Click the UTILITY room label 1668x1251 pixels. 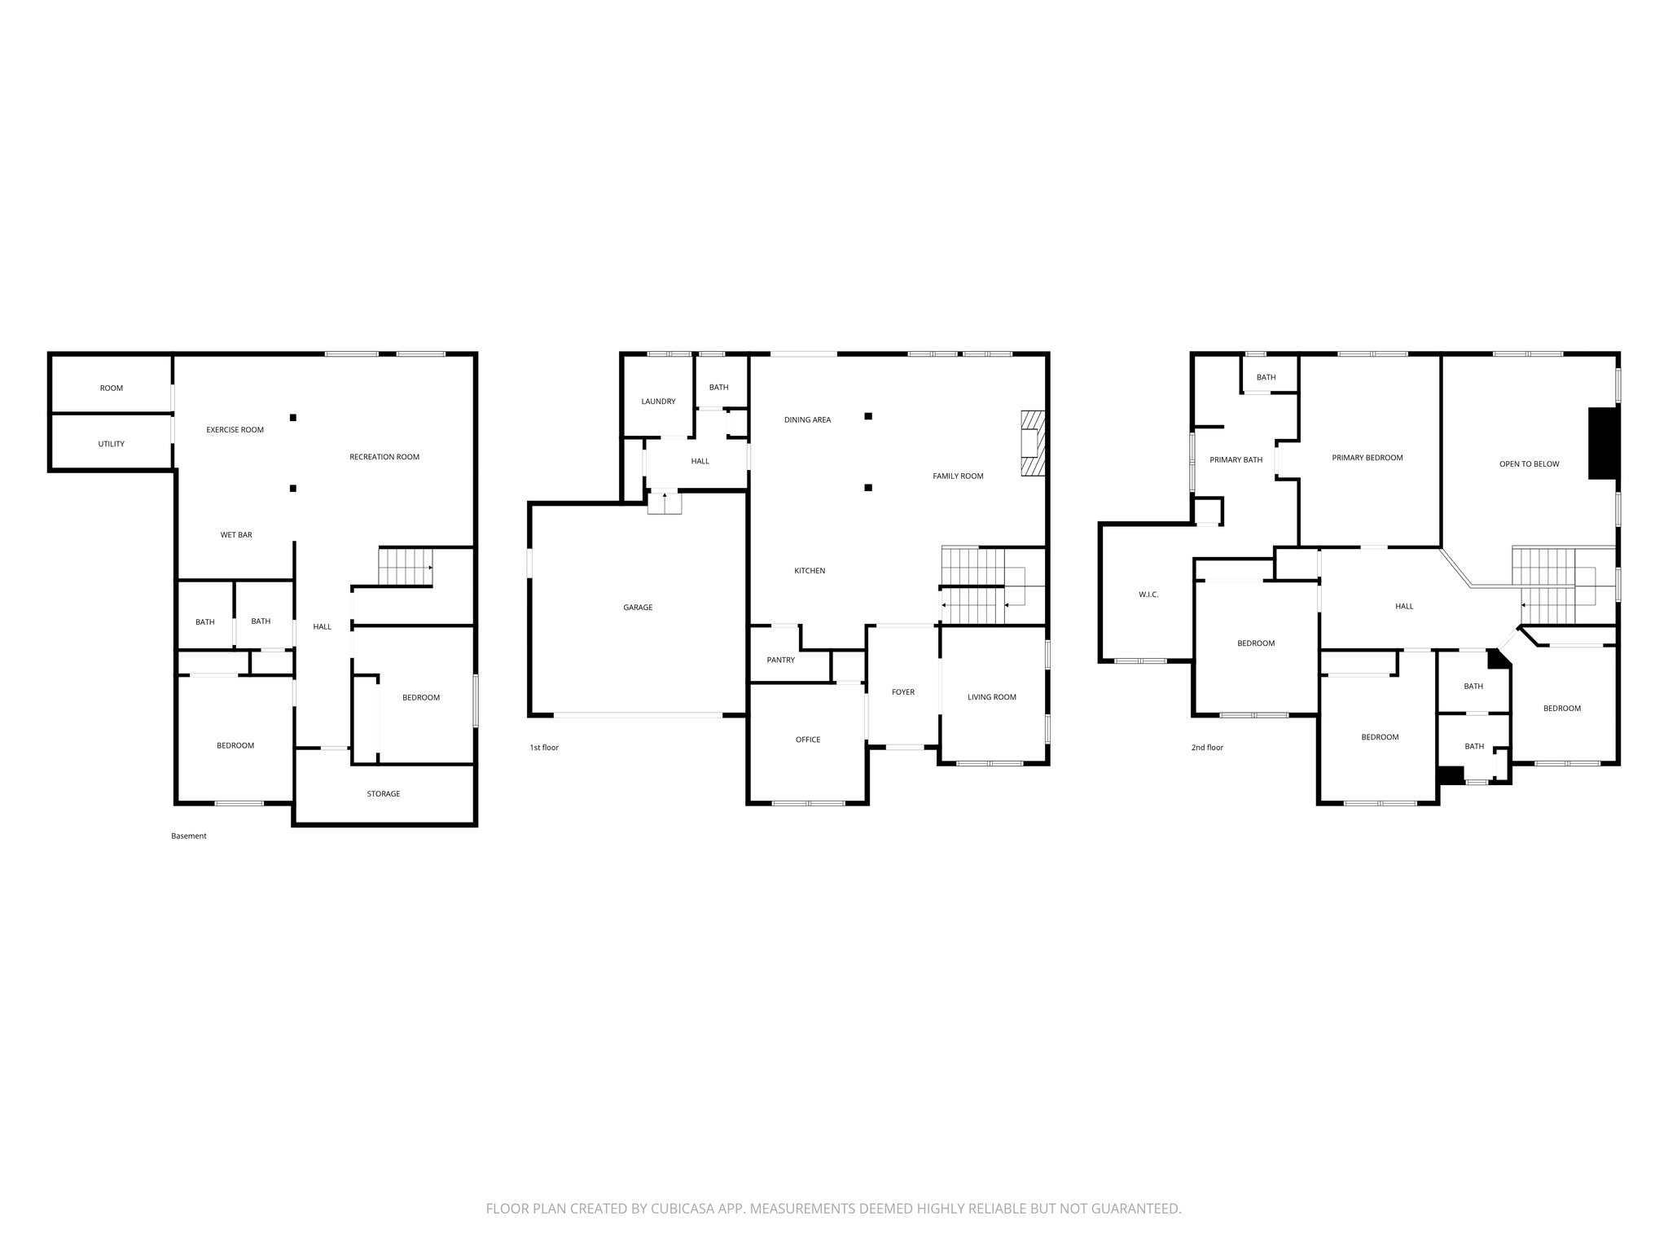pos(112,444)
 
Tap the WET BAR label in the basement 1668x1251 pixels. pos(236,535)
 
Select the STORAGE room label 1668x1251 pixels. pos(384,794)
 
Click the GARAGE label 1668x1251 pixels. pos(638,608)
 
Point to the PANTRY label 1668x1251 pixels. pos(781,660)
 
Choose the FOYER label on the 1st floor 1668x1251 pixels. pos(903,692)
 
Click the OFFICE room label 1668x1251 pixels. pos(808,740)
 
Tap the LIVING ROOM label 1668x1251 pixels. pos(992,697)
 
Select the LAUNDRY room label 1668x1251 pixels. pos(658,402)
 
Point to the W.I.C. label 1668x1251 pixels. pos(1148,595)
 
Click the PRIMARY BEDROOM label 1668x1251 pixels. pos(1367,458)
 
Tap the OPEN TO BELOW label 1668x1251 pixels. pos(1530,464)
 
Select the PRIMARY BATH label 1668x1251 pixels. pos(1236,460)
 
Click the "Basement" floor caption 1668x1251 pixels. pos(189,836)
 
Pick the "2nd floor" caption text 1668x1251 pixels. pos(1207,748)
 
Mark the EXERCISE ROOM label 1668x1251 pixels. pos(235,430)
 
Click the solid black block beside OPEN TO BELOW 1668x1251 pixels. pos(1603,443)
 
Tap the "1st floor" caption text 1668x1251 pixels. pos(544,748)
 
